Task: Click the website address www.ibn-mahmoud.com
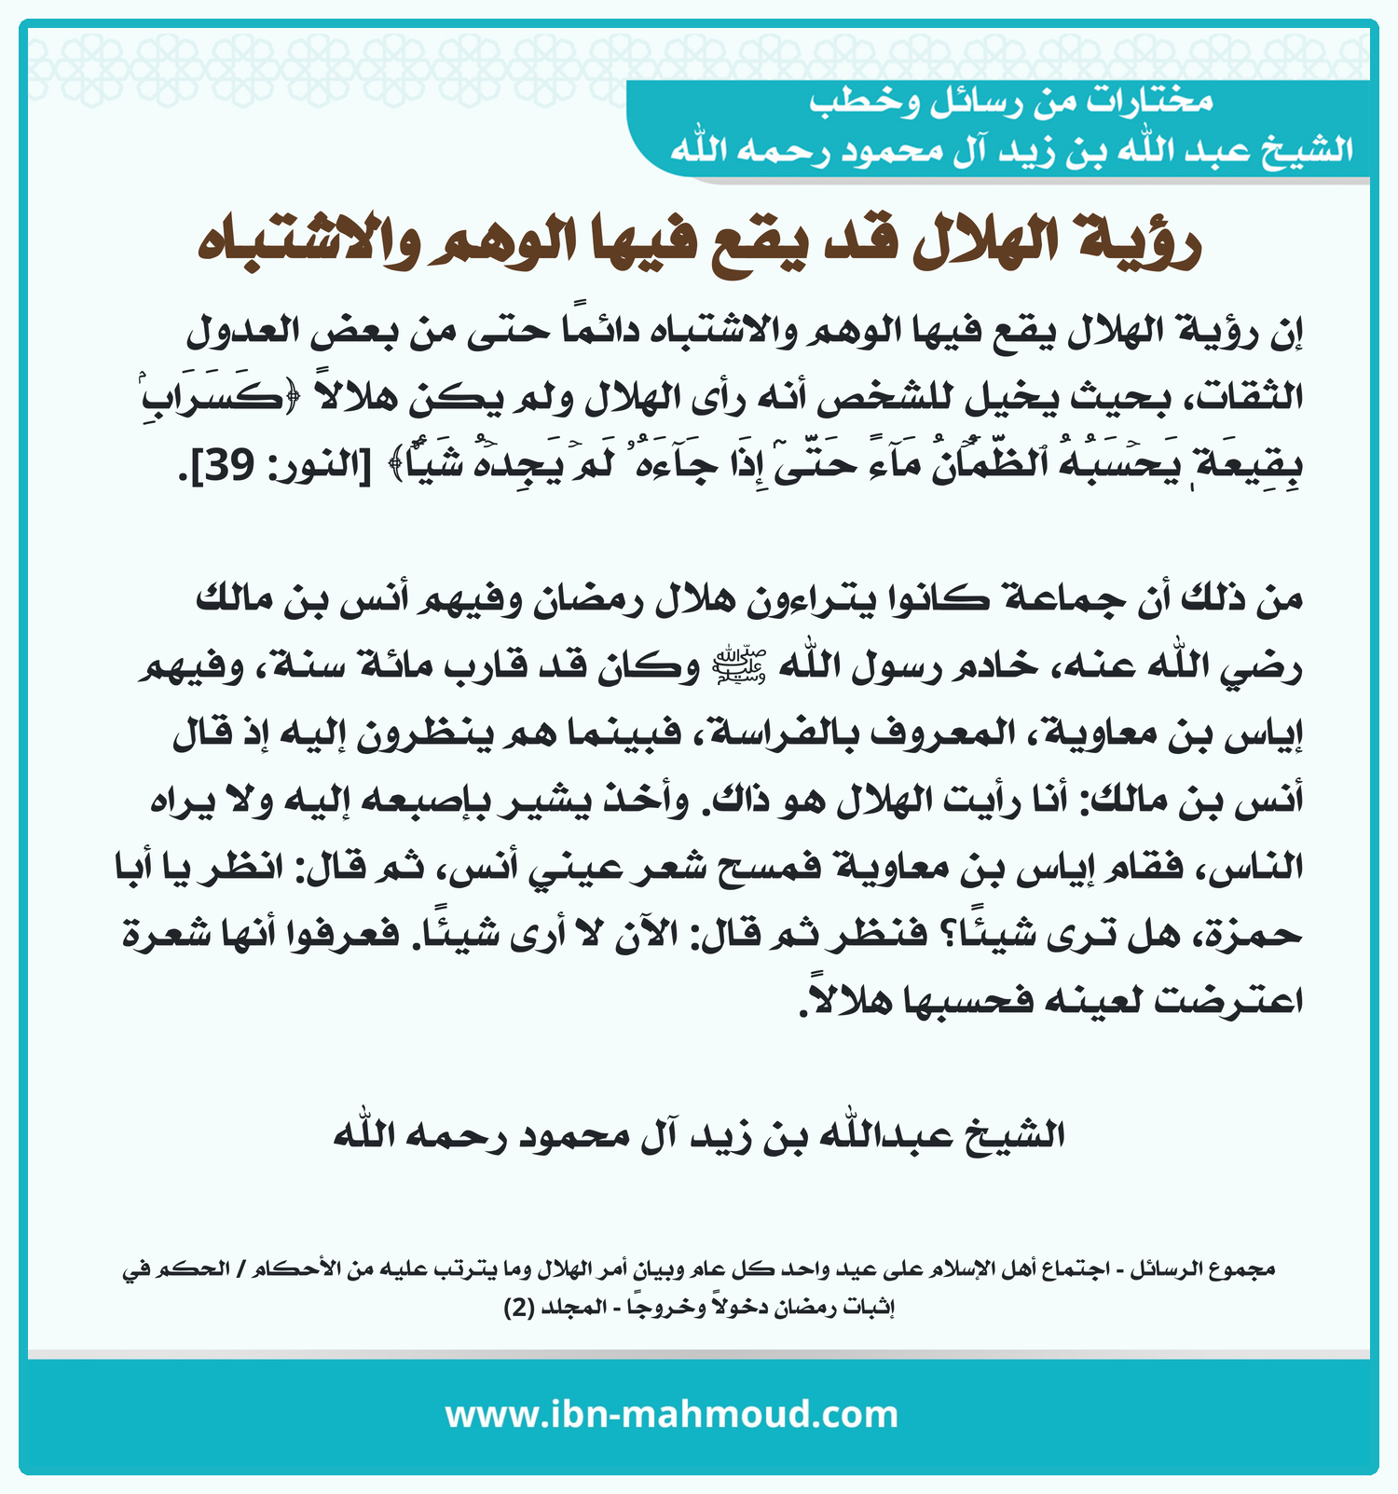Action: pos(671,1415)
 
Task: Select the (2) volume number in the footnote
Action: pos(519,1308)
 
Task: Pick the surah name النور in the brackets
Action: pos(312,464)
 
